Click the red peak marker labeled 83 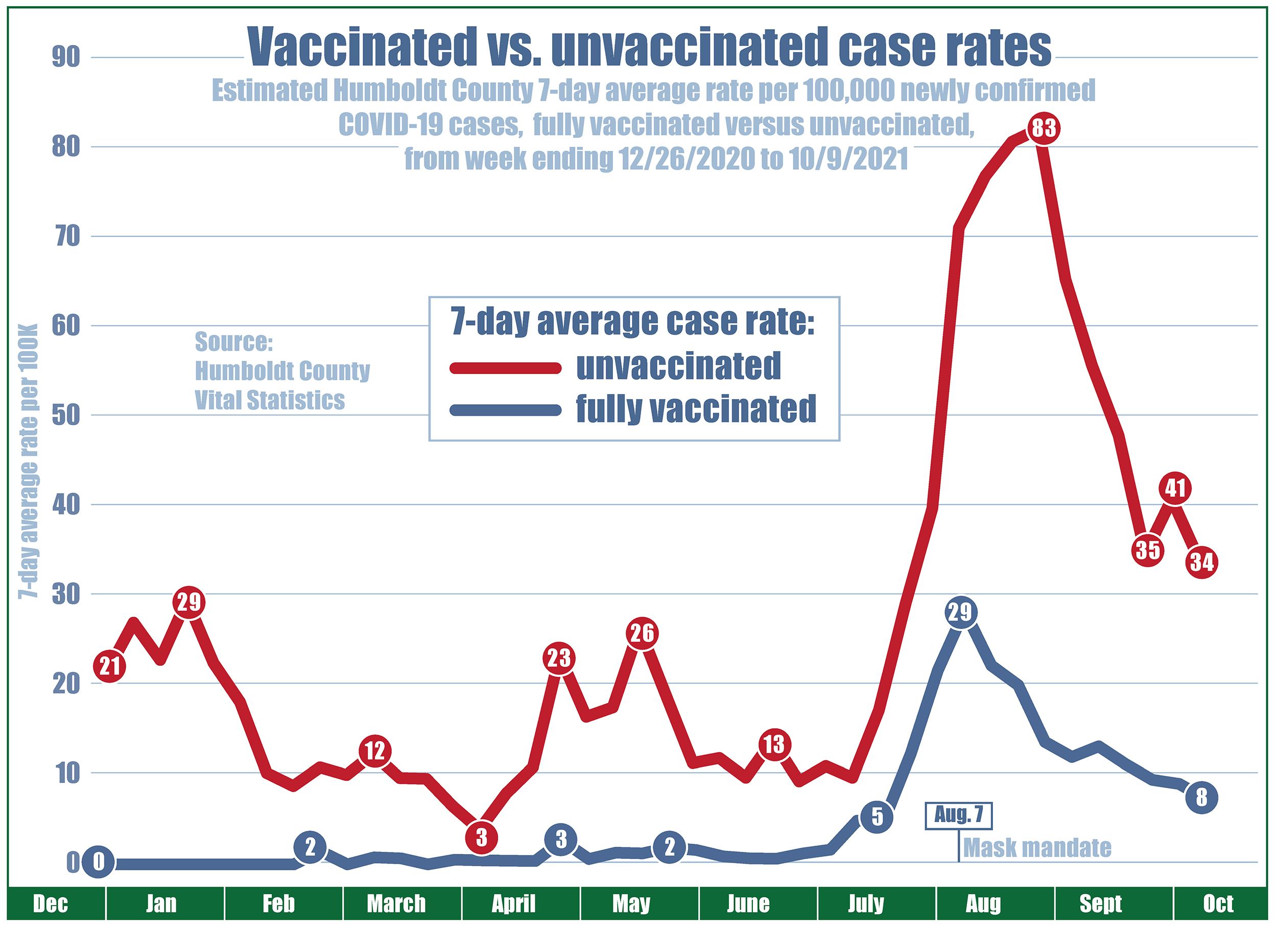1043,128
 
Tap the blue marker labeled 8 1201,798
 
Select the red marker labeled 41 1175,488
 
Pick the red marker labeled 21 110,666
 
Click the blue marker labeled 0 99,863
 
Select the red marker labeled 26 642,633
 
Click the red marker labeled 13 774,745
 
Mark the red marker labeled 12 375,751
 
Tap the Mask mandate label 1037,848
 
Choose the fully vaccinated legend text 696,409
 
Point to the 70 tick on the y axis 65,237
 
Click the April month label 513,904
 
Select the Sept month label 1100,904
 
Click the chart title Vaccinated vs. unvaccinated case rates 649,48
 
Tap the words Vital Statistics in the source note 270,400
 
